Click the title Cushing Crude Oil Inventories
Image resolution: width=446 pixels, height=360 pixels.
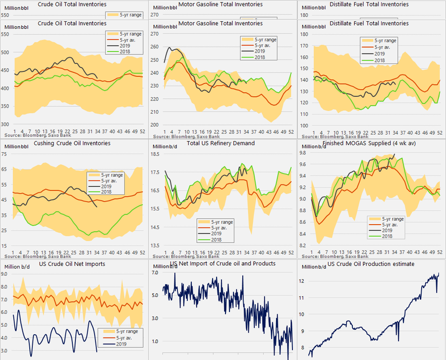coord(72,143)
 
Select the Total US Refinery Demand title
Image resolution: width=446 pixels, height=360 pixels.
coord(221,143)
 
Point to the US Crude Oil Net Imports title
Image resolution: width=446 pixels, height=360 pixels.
coord(72,264)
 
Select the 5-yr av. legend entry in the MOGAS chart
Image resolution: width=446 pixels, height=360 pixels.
coord(394,225)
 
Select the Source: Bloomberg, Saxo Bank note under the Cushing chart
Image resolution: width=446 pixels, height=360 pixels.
coord(38,256)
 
